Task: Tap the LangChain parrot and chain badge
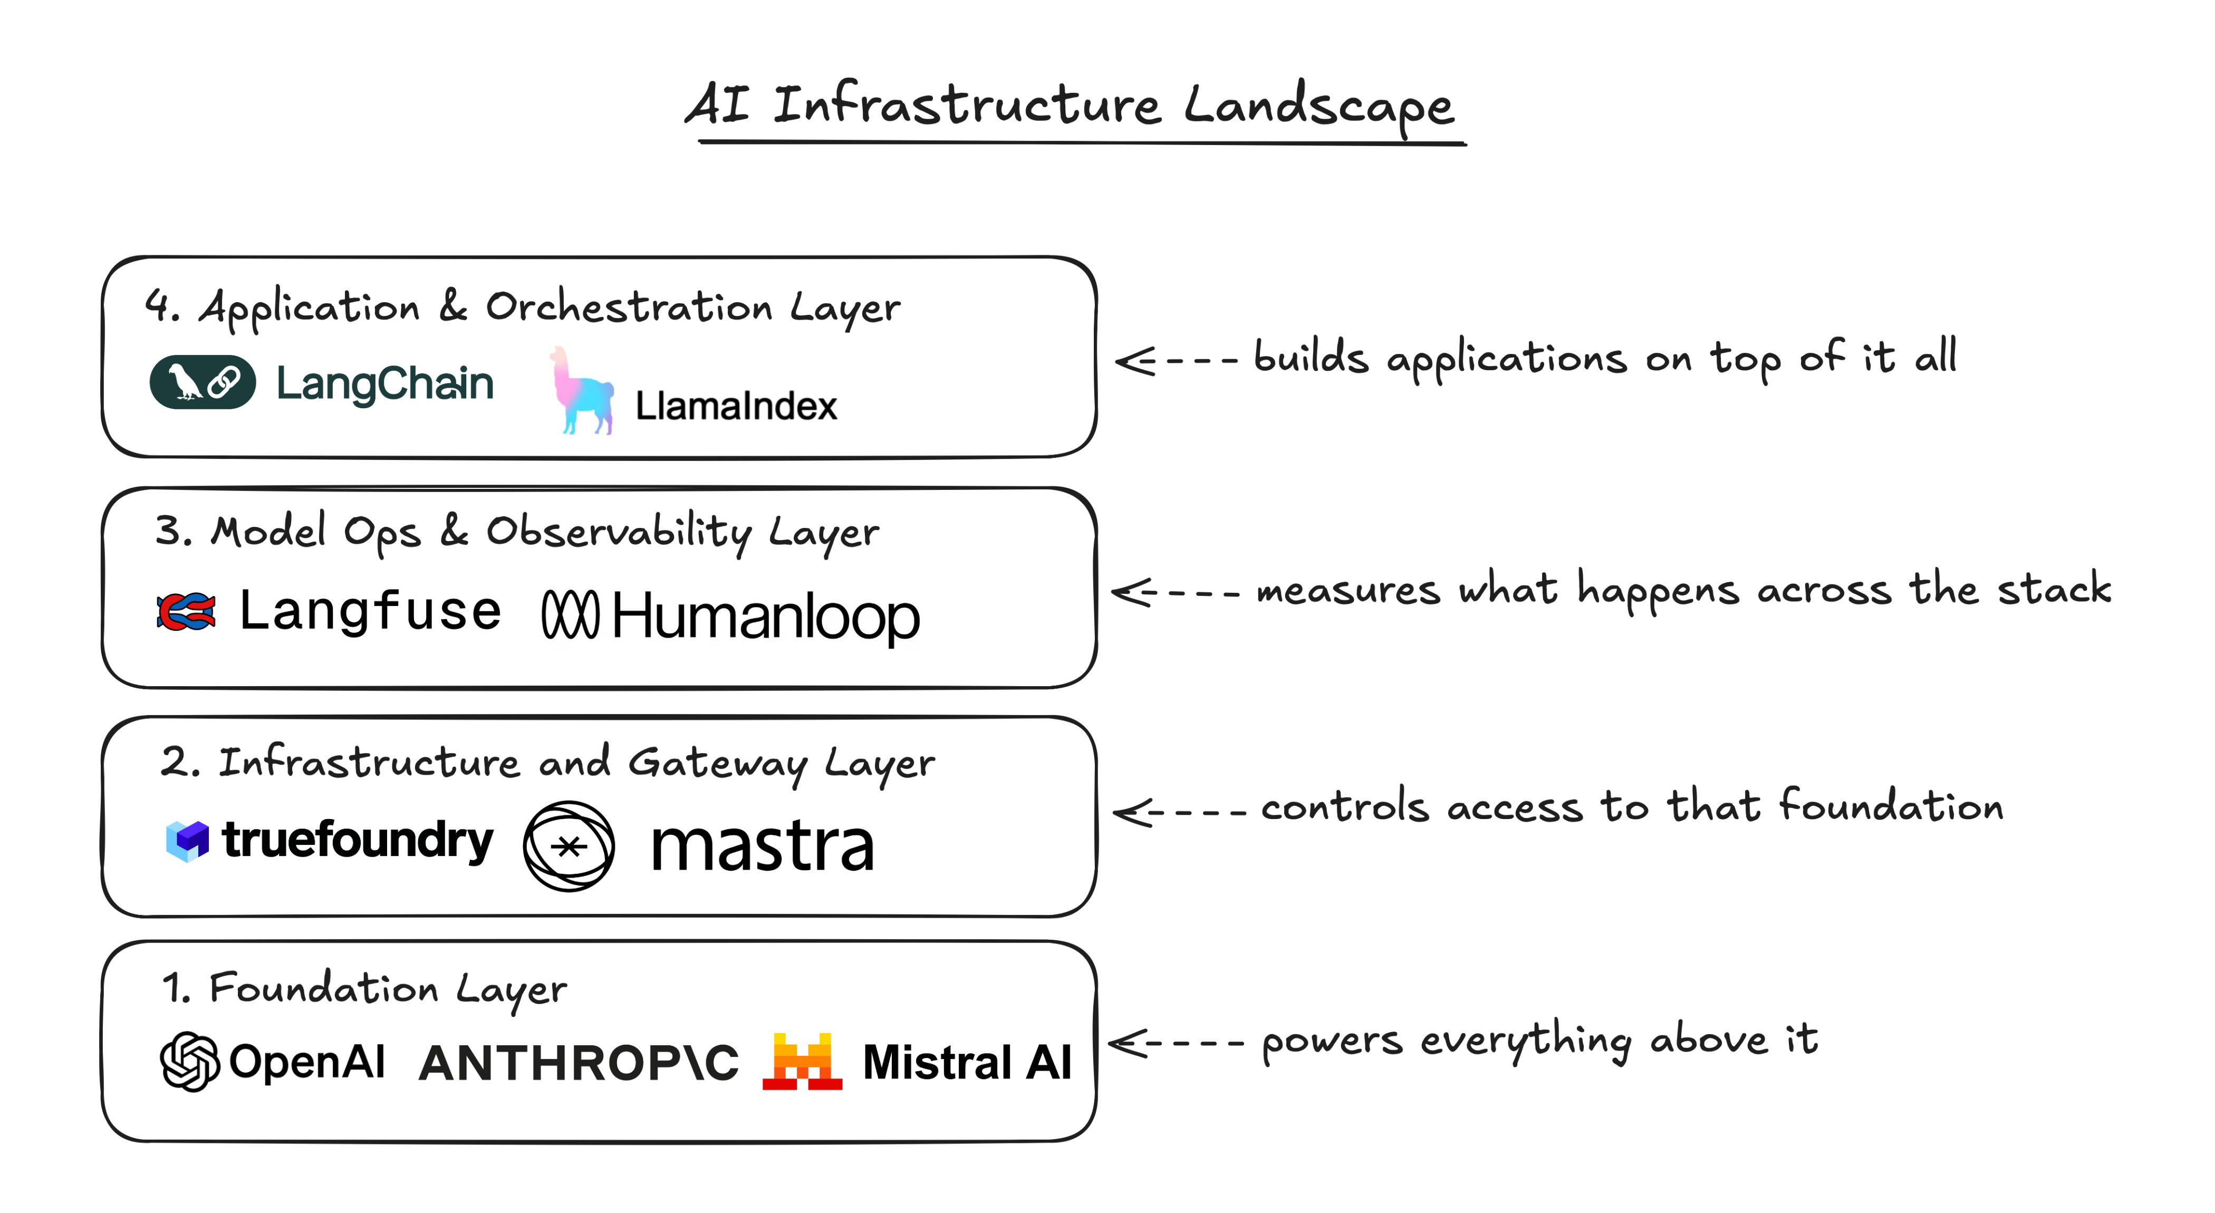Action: click(x=202, y=382)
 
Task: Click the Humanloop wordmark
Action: click(x=765, y=617)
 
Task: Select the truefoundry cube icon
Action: click(x=187, y=840)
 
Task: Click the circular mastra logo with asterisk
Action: click(x=569, y=846)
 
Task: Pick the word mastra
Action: click(x=762, y=847)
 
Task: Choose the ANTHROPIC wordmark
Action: click(x=579, y=1063)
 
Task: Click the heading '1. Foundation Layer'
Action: click(x=364, y=989)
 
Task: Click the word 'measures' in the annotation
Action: click(x=1347, y=591)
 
